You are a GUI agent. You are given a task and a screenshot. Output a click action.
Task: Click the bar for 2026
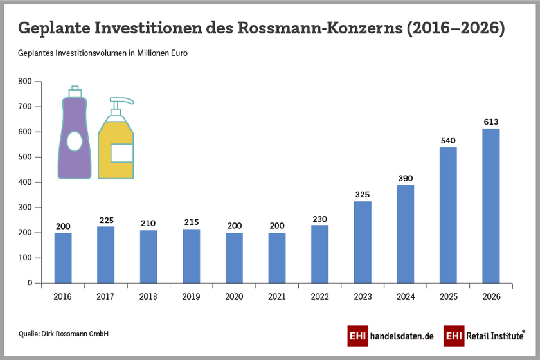pos(491,206)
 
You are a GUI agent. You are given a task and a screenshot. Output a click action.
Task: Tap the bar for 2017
pos(105,255)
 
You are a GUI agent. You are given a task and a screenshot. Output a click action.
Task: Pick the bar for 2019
pos(192,256)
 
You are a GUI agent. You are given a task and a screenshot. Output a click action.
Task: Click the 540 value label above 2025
pos(448,140)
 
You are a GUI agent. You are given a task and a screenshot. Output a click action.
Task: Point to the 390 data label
pos(406,178)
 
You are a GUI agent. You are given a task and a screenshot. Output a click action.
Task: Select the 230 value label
pos(319,219)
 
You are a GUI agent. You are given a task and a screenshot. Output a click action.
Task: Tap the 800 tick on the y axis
pos(25,82)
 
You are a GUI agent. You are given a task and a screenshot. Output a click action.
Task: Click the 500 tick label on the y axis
pos(25,157)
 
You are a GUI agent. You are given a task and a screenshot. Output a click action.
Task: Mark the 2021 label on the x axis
pos(277,296)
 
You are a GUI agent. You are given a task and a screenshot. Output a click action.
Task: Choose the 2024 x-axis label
pos(406,296)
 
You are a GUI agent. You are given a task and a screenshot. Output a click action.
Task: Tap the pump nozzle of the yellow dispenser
pos(125,101)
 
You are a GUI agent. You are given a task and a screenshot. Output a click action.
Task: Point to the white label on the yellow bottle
pos(122,153)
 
